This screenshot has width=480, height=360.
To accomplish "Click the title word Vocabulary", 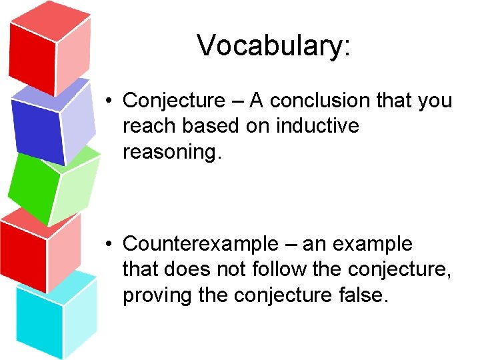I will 272,45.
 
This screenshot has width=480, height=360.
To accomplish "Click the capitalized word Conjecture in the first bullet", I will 175,101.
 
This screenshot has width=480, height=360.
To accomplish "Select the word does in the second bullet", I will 185,269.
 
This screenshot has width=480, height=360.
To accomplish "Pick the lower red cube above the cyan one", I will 40,250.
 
